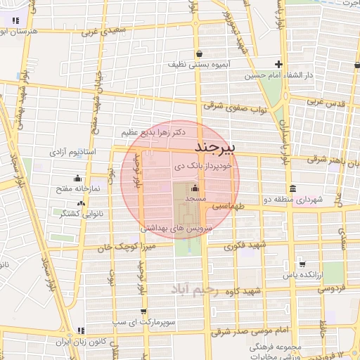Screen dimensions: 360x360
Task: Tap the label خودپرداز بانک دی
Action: tap(207, 168)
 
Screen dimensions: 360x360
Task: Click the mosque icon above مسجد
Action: tap(195, 188)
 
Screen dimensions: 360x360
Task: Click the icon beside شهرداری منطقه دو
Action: tap(292, 188)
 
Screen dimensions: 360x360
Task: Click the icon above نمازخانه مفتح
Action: tap(77, 179)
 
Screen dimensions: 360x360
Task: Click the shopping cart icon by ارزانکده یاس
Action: tap(302, 265)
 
